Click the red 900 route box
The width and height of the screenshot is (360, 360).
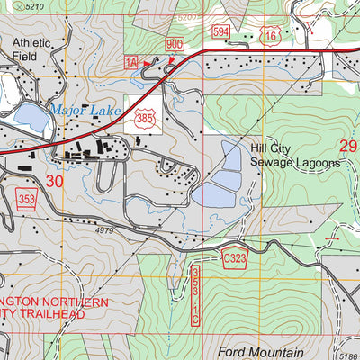175,45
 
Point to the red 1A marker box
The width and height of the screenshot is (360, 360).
130,61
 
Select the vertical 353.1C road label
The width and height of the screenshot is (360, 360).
194,293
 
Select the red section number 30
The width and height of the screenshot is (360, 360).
55,181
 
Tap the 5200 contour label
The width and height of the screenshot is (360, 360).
187,17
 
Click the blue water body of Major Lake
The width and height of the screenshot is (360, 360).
29,117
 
